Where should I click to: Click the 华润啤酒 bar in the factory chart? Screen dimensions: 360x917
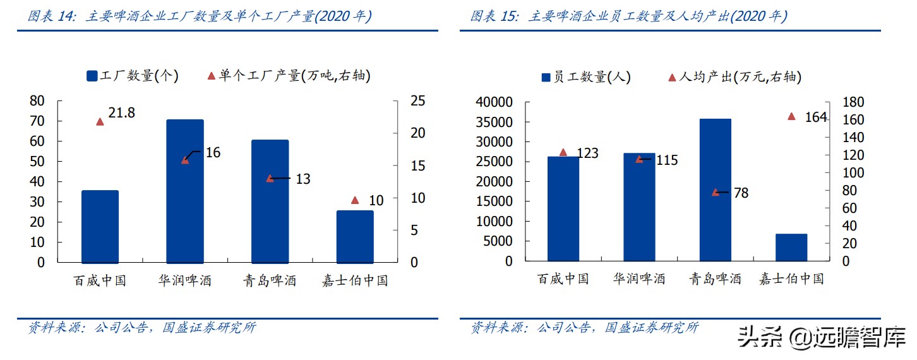coord(185,191)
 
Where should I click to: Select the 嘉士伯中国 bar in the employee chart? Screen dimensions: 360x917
coord(791,248)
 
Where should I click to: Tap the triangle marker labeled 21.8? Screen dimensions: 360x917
coord(100,121)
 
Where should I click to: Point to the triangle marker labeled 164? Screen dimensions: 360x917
coord(791,116)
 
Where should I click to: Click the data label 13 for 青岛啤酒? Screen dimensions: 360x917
coord(303,179)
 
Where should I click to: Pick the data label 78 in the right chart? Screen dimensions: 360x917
coord(741,193)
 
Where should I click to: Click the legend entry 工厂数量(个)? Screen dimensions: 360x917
coord(133,76)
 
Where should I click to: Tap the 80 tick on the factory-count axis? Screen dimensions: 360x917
coord(37,101)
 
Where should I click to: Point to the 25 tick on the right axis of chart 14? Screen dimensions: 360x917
coord(419,101)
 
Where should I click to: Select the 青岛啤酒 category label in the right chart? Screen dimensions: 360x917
coord(715,279)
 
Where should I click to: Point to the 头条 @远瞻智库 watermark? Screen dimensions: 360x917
coord(822,337)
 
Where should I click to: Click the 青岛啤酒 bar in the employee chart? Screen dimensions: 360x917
coord(716,189)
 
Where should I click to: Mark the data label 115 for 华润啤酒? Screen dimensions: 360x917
coord(666,160)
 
